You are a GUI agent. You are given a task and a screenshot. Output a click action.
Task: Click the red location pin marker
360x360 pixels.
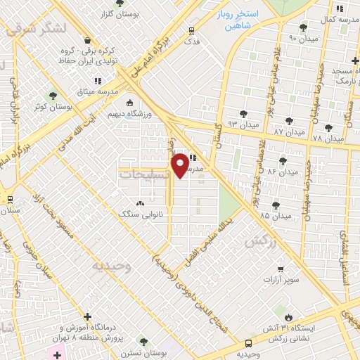[x=179, y=165]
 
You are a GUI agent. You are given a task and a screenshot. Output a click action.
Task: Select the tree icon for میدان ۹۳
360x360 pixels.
[x=243, y=114]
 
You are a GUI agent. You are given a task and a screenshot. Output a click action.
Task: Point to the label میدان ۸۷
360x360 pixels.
[x=289, y=131]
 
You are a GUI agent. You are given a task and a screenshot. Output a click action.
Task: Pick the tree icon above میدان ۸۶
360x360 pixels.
[x=283, y=160]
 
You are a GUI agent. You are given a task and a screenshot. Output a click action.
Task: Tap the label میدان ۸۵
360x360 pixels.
[x=275, y=215]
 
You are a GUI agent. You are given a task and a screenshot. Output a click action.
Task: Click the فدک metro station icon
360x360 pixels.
[x=191, y=30]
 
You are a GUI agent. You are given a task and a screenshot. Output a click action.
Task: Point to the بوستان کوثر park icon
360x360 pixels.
[x=52, y=96]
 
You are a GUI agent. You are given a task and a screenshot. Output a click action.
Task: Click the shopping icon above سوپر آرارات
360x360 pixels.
[x=281, y=269]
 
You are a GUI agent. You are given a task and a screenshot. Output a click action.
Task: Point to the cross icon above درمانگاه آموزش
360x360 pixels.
[x=87, y=317]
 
